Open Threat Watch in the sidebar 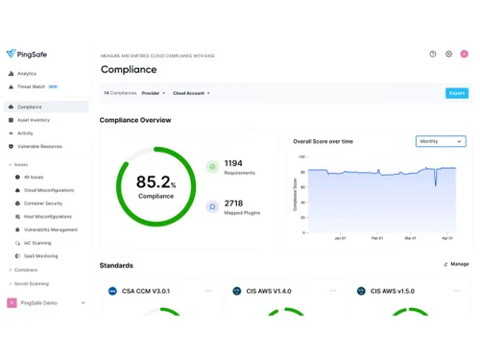[x=31, y=86]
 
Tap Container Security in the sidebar [x=42, y=204]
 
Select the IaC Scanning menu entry [x=37, y=243]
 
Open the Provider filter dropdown [x=153, y=93]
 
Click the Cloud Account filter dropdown [x=191, y=93]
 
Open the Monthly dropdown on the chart [x=441, y=141]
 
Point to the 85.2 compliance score [x=156, y=182]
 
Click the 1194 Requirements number [x=233, y=163]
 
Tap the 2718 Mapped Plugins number [x=233, y=204]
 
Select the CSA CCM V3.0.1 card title [x=145, y=291]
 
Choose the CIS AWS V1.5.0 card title [x=394, y=291]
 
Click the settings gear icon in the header [x=448, y=55]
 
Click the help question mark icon [x=433, y=55]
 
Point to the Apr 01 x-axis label [x=447, y=237]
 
